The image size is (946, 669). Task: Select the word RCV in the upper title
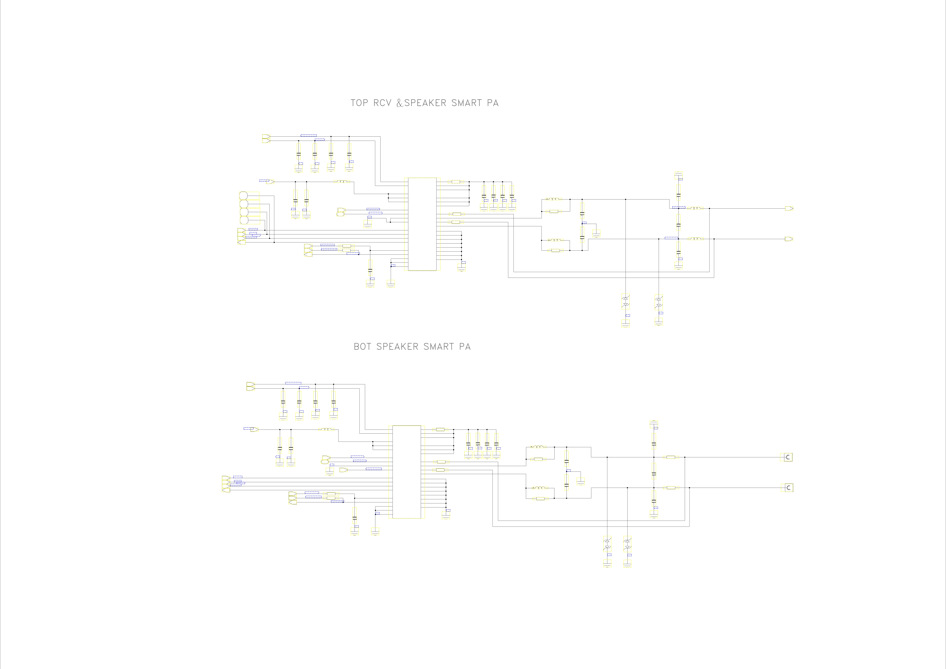click(382, 103)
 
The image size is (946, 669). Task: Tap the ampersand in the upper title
click(400, 103)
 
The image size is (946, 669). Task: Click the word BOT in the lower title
click(363, 347)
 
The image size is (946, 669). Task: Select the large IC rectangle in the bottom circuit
click(407, 472)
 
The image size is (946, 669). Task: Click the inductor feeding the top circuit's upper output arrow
click(696, 208)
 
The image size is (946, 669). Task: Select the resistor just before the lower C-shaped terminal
click(671, 488)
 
